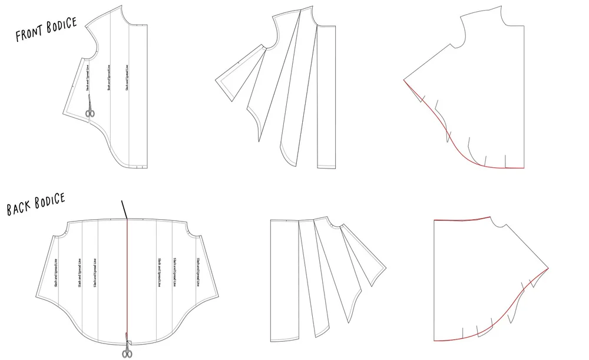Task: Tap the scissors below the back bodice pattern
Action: pos(127,348)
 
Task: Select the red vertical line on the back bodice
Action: pos(127,277)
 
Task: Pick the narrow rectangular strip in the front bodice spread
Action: pos(325,97)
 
